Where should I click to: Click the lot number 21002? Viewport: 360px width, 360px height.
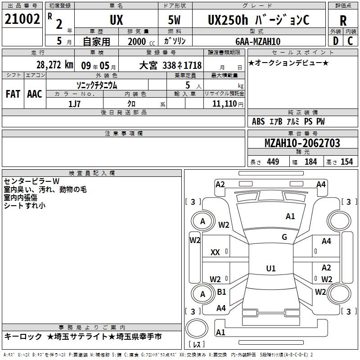tap(22, 19)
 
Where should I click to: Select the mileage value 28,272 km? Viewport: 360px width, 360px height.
tap(55, 65)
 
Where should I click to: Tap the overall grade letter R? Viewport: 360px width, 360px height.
tap(343, 21)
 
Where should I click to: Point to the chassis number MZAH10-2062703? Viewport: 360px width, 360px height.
tap(302, 143)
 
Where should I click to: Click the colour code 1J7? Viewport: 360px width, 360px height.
tap(74, 104)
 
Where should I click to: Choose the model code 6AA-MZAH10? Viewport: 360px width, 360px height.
tap(258, 41)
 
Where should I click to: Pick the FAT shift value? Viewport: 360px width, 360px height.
tap(13, 94)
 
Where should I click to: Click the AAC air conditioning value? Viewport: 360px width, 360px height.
tap(35, 94)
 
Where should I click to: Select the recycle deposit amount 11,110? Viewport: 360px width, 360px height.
tap(225, 104)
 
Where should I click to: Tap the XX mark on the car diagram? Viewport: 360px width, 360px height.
tap(215, 252)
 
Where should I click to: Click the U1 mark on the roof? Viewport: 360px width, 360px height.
tap(271, 268)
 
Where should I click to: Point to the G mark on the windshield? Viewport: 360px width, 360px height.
tap(284, 237)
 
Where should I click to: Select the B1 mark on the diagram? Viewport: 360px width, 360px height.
tap(221, 292)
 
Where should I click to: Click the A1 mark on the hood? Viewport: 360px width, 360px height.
tap(290, 216)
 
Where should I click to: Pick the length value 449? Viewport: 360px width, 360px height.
tap(273, 162)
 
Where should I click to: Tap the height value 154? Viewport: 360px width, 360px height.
tap(346, 162)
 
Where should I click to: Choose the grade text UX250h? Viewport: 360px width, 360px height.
tap(228, 20)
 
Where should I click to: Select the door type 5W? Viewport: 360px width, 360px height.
tap(174, 20)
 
